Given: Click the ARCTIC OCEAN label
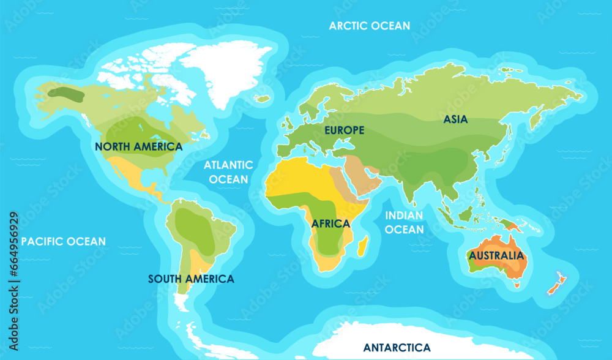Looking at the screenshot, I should pyautogui.click(x=370, y=26).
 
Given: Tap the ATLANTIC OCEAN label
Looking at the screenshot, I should pyautogui.click(x=228, y=172).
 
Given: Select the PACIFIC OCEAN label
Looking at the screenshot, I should pyautogui.click(x=64, y=242).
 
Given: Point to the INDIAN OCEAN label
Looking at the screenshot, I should pyautogui.click(x=404, y=223).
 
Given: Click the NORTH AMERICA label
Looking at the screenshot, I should pyautogui.click(x=138, y=147).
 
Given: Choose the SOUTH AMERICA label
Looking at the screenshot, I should pyautogui.click(x=191, y=279).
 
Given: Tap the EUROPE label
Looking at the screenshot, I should pyautogui.click(x=344, y=130).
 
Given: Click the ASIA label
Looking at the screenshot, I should pyautogui.click(x=455, y=120).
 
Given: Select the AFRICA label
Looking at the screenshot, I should pyautogui.click(x=330, y=224).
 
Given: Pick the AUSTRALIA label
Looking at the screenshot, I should pyautogui.click(x=496, y=256).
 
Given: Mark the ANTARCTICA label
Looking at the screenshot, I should pyautogui.click(x=397, y=348).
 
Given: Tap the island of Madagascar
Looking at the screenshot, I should pyautogui.click(x=362, y=246).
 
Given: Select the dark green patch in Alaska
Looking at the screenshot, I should pyautogui.click(x=67, y=94).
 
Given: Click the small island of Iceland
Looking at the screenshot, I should pyautogui.click(x=263, y=99).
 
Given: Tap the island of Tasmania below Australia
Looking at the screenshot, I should pyautogui.click(x=517, y=283).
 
